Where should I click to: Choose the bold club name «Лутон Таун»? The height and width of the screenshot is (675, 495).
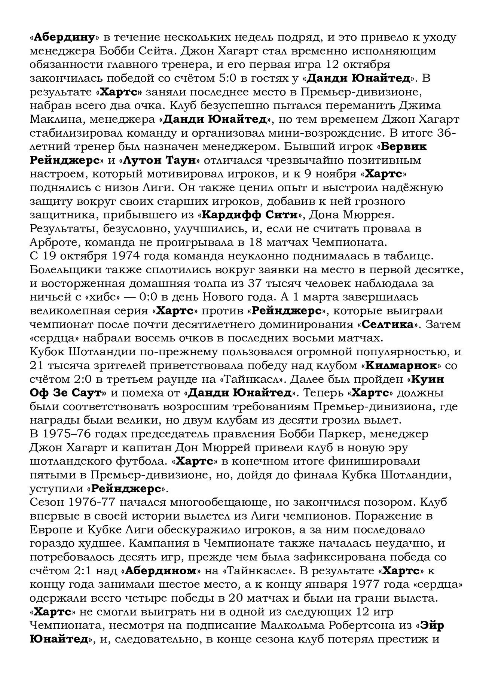tap(159, 160)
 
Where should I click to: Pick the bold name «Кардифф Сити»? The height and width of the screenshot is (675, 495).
tap(250, 215)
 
